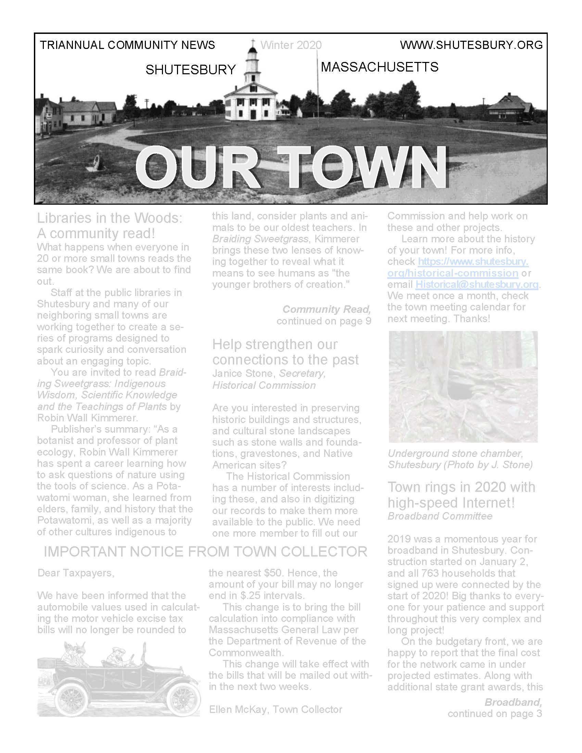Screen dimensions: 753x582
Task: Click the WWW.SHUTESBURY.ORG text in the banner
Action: pos(471,45)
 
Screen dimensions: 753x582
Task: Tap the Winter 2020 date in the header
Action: pos(291,45)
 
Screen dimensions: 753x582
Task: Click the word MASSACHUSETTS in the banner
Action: pos(379,67)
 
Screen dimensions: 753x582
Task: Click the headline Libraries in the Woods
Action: pos(110,218)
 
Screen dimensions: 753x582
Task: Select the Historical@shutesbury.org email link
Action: pos(477,284)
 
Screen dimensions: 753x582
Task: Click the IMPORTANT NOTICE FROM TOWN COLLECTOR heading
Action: pos(205,552)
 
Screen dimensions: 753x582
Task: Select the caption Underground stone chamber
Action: pos(455,454)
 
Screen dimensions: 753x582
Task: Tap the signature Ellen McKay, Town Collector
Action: pos(276,709)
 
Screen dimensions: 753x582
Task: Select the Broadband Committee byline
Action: pos(440,516)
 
